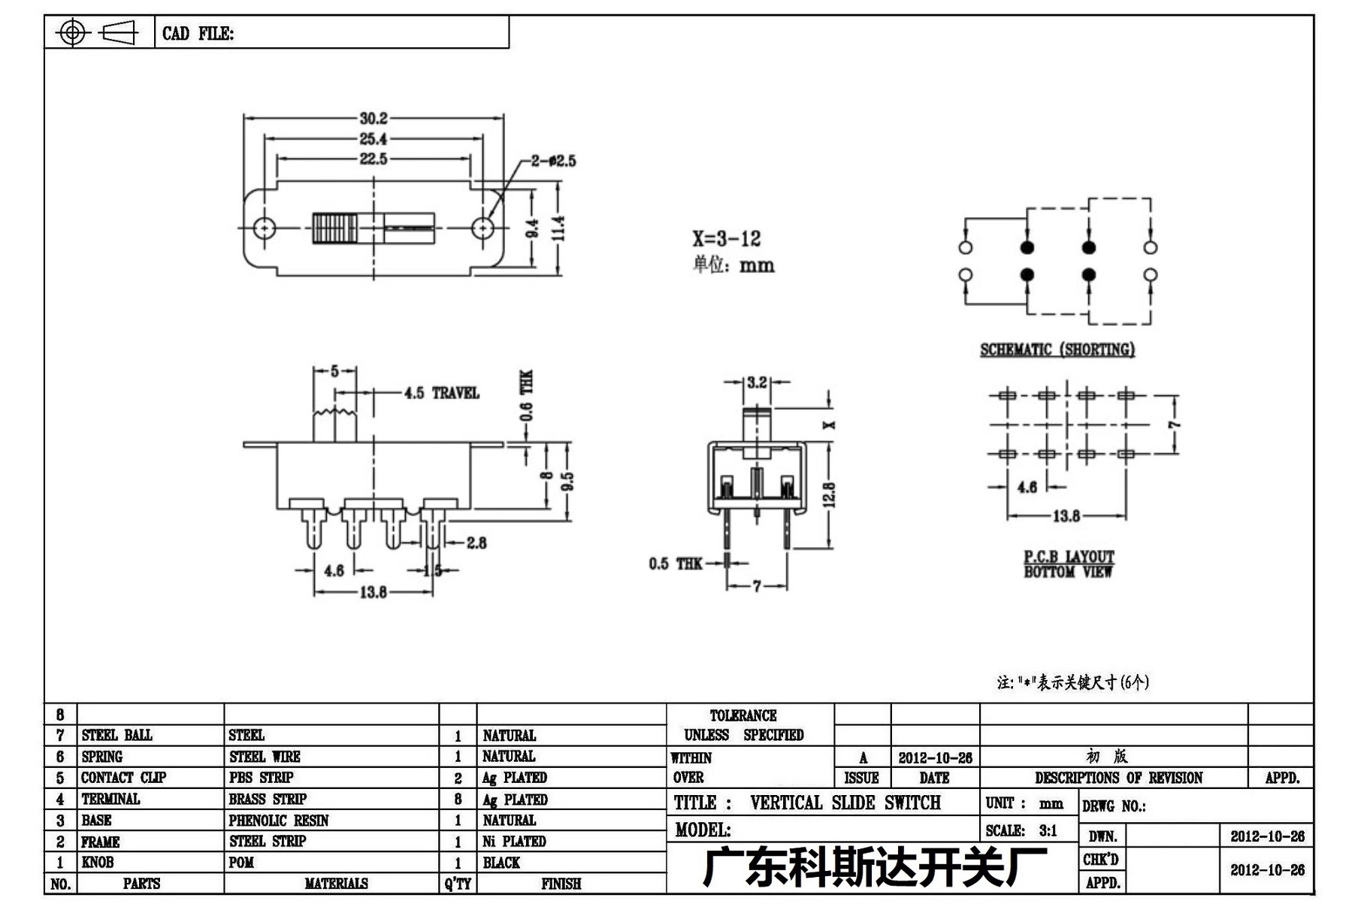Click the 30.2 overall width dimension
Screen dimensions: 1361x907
(x=374, y=118)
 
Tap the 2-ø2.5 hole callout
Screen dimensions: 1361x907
(x=553, y=161)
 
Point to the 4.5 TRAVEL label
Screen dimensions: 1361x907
(x=441, y=393)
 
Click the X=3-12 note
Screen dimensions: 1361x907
(x=727, y=239)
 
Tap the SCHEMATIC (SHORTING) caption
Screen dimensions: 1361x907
(x=1057, y=349)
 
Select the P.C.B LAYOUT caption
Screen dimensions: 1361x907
(x=1069, y=557)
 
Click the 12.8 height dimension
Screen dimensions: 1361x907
(x=830, y=494)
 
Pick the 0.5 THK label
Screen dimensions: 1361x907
(x=676, y=564)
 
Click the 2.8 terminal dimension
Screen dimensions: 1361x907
(x=476, y=543)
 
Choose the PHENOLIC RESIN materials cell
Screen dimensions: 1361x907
(x=279, y=821)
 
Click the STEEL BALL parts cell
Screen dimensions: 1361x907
(x=116, y=735)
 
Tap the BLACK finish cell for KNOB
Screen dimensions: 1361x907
(x=501, y=863)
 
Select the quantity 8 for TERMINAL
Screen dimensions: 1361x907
(x=458, y=800)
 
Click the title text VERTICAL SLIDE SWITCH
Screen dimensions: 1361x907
(x=845, y=803)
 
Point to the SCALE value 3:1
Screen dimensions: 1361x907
(x=1048, y=830)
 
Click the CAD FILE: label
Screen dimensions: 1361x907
(x=198, y=34)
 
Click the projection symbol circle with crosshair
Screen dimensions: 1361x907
(x=72, y=32)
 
